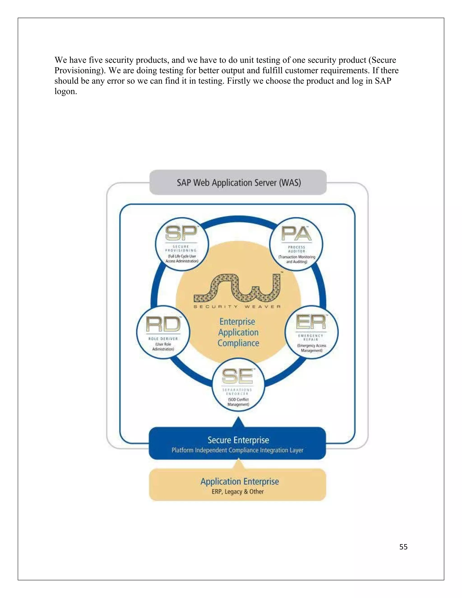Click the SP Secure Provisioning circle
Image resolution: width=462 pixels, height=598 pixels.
point(182,244)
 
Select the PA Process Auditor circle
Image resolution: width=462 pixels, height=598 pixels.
point(296,244)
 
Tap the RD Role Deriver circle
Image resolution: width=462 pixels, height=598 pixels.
point(163,332)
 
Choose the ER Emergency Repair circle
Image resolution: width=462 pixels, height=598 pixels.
point(312,332)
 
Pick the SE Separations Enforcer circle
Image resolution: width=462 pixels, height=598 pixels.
point(238,385)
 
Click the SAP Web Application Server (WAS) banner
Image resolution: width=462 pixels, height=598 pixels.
point(238,182)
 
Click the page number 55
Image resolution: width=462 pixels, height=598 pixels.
point(403,547)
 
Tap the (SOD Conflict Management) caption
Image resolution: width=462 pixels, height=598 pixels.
point(238,402)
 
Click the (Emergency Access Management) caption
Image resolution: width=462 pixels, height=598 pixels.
point(312,348)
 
